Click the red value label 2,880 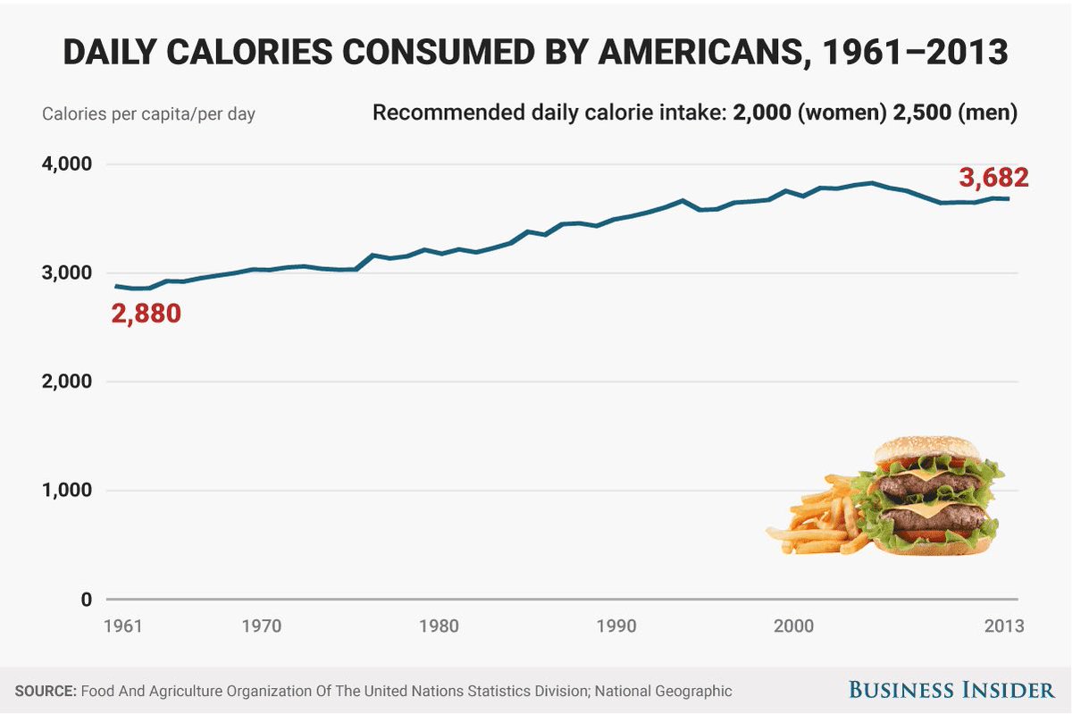[x=146, y=315]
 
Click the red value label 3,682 [x=993, y=178]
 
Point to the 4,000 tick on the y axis [x=67, y=164]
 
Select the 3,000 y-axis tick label [x=67, y=273]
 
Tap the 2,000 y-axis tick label [x=67, y=382]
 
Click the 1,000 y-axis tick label [x=67, y=491]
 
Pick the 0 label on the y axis [x=86, y=600]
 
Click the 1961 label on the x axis [x=123, y=626]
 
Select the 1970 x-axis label [x=262, y=626]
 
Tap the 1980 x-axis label [x=439, y=626]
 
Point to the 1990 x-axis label [x=617, y=626]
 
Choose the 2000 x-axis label [x=794, y=626]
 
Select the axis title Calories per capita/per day [x=148, y=115]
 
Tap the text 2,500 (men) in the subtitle [x=955, y=113]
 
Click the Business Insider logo [x=951, y=690]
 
